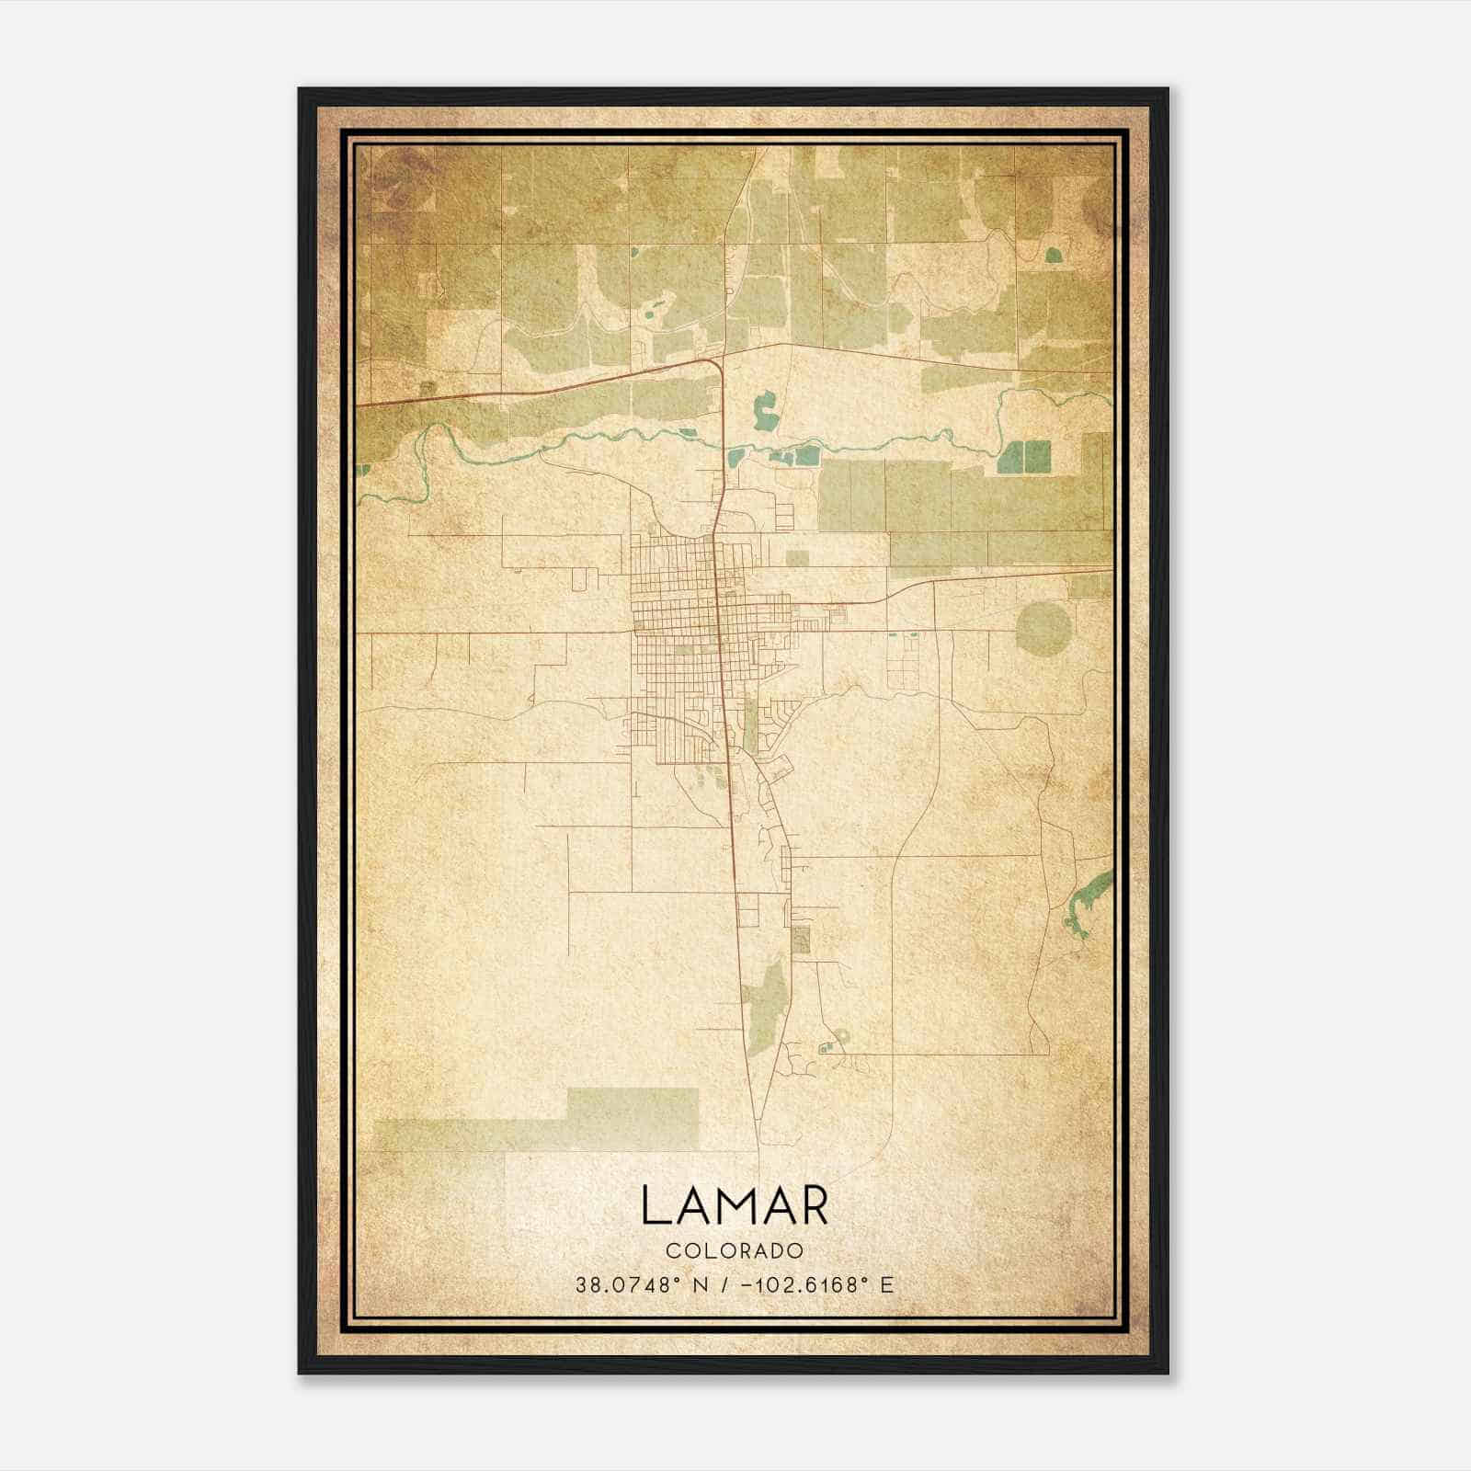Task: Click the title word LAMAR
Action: point(735,1205)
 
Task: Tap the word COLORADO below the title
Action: point(735,1251)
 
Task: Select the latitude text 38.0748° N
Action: point(636,1285)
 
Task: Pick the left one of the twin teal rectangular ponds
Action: point(1012,456)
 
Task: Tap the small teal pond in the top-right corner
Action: point(1053,254)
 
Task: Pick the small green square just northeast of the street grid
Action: point(797,558)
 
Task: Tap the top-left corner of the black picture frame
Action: point(300,89)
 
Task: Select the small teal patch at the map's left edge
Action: point(364,470)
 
